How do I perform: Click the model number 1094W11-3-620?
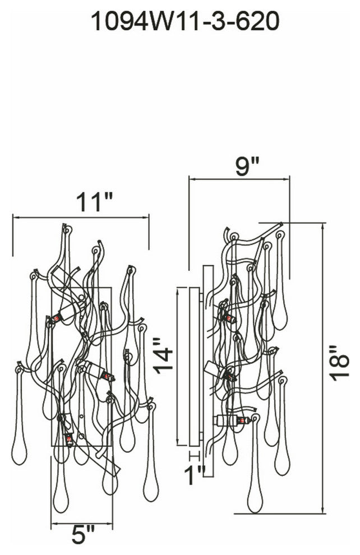(x=185, y=21)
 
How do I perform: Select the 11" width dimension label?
(x=95, y=202)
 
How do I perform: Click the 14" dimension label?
(x=163, y=355)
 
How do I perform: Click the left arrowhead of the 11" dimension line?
(x=16, y=216)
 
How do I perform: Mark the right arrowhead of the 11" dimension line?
(x=146, y=216)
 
